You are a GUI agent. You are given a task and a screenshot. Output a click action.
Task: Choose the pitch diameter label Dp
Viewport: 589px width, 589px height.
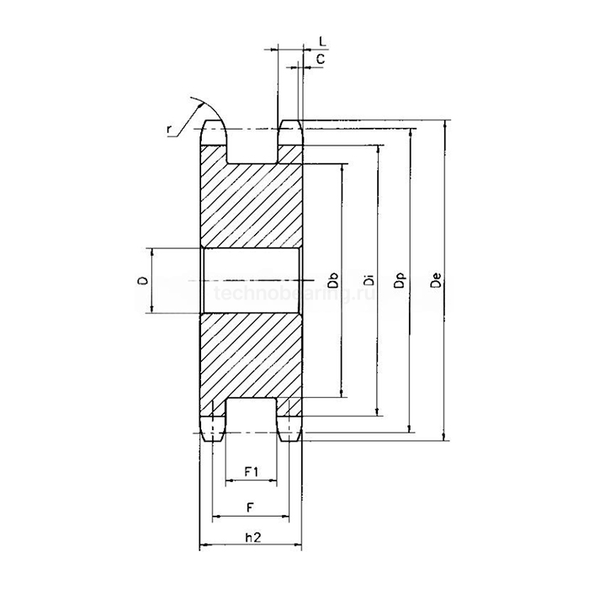click(x=401, y=281)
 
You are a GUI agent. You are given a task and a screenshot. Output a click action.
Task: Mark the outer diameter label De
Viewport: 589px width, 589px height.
click(x=434, y=281)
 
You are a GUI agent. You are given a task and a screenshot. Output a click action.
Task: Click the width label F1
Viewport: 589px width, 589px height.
click(x=251, y=471)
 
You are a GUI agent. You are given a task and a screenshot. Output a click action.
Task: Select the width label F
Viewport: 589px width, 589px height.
click(x=251, y=507)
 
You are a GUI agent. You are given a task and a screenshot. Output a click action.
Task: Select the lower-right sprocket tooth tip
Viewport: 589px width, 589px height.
click(x=290, y=432)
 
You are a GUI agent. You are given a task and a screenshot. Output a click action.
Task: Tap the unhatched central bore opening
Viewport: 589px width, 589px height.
click(x=251, y=281)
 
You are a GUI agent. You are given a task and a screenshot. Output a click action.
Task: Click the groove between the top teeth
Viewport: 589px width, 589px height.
click(x=252, y=147)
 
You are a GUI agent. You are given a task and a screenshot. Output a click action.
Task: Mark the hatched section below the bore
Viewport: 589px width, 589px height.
click(x=251, y=353)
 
